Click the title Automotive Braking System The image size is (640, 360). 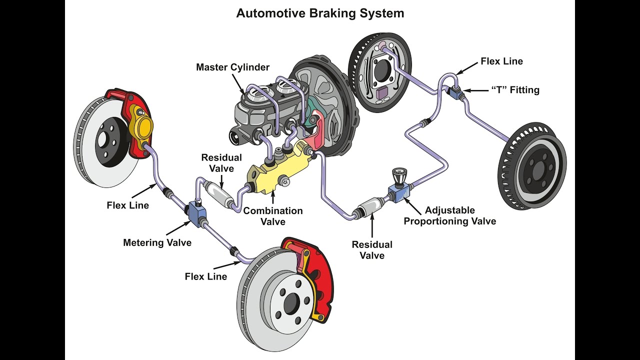pyautogui.click(x=320, y=13)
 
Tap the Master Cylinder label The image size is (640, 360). pyautogui.click(x=232, y=67)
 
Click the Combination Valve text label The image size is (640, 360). pyautogui.click(x=273, y=216)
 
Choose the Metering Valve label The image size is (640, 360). pyautogui.click(x=157, y=243)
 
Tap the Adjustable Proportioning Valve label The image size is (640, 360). pyautogui.click(x=450, y=215)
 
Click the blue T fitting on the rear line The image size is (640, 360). pyautogui.click(x=455, y=91)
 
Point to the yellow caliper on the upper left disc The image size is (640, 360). pyautogui.click(x=140, y=123)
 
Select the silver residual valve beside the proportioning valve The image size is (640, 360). pyautogui.click(x=370, y=207)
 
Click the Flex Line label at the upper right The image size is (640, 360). pyautogui.click(x=501, y=61)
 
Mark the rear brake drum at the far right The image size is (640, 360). pyautogui.click(x=532, y=165)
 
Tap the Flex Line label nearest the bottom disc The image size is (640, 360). pyautogui.click(x=205, y=276)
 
